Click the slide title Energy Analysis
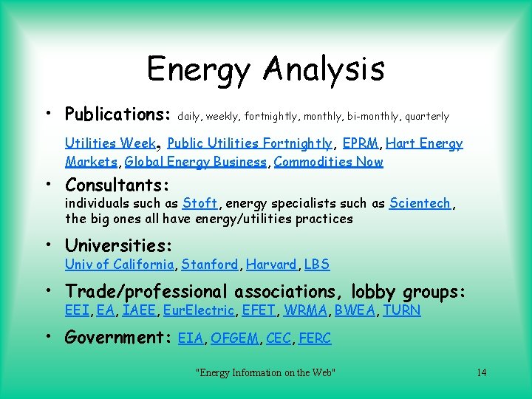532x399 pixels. coord(266,69)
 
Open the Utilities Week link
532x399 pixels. coord(110,143)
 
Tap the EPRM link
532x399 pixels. coord(360,143)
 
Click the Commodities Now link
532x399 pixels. coord(328,162)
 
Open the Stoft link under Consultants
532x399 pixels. coord(199,203)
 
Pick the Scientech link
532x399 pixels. coord(420,203)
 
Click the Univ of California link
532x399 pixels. coord(119,265)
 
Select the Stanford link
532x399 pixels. coord(210,265)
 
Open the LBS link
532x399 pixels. coord(317,265)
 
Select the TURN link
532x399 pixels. coord(401,310)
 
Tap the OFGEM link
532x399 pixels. coord(235,338)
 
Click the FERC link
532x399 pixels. coord(315,338)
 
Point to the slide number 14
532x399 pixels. coord(482,372)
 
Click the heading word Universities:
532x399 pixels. coord(119,245)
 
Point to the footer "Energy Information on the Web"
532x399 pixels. coord(265,372)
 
